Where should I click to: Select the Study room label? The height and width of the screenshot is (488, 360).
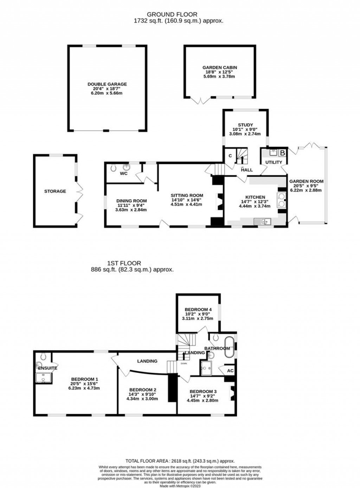pos(245,125)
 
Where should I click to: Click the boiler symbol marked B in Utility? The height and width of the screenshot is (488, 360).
pos(282,153)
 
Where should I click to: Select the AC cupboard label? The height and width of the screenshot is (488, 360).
pos(230,371)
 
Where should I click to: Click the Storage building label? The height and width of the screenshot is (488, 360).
pos(55,191)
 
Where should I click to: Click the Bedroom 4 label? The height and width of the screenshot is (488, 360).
pos(198,310)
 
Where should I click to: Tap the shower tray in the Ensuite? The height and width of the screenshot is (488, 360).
pos(44,378)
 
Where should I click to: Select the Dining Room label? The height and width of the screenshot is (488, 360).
pos(131,201)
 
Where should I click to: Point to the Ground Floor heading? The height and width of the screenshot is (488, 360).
pos(172,14)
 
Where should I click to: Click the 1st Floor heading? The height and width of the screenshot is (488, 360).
pos(124,263)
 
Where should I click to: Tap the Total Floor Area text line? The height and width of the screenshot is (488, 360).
pos(180,461)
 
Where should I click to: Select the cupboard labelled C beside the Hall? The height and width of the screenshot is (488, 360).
pos(230,156)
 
